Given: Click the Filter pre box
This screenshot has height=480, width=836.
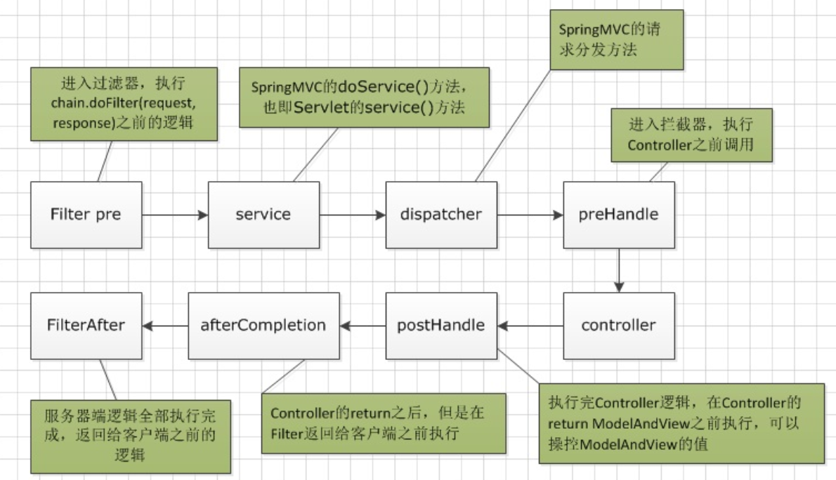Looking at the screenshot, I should tap(86, 214).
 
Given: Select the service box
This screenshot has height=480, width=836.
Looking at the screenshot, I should tap(263, 214).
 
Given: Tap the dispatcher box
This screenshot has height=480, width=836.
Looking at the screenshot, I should tap(441, 214).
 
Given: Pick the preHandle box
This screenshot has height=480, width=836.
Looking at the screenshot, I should tap(619, 214).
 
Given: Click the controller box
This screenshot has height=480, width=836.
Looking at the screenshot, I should tap(618, 325).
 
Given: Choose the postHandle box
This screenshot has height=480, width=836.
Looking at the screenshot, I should tap(441, 325).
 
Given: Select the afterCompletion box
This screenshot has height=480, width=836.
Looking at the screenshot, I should tap(263, 325).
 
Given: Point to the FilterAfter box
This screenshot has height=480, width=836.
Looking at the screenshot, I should tap(86, 325).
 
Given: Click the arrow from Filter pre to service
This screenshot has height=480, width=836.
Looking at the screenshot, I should tap(175, 215).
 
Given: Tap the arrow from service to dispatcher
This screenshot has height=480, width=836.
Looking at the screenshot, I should tap(353, 215).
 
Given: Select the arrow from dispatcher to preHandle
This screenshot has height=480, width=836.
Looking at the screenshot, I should tap(530, 215).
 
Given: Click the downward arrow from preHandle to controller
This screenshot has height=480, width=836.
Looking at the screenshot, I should tap(619, 269).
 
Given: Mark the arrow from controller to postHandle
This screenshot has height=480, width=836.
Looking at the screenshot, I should tap(530, 326).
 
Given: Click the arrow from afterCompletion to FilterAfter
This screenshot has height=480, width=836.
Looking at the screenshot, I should tap(164, 326).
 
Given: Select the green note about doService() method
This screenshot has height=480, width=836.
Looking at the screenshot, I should tap(364, 97).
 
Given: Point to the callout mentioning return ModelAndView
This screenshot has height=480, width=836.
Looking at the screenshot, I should tap(681, 423).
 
